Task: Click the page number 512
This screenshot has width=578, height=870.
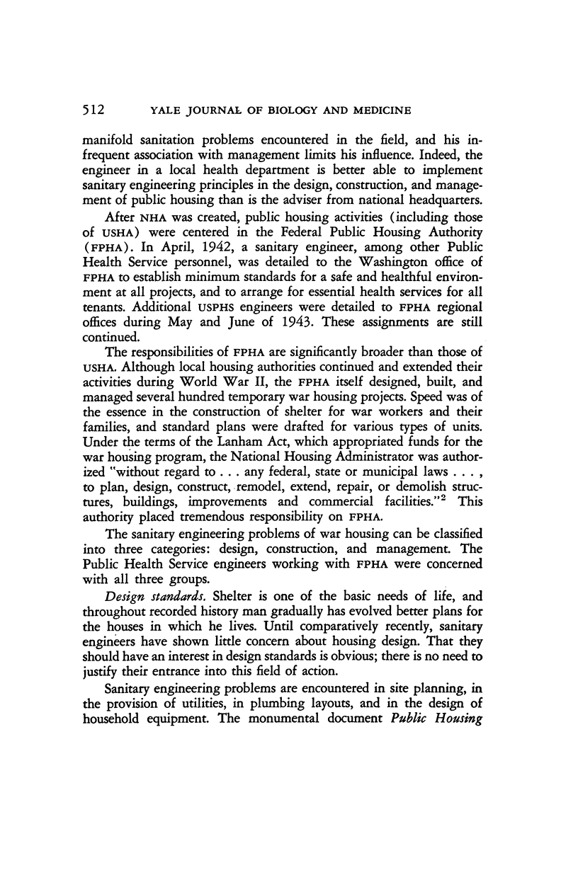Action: click(x=92, y=110)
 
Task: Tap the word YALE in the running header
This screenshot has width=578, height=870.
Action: click(x=146, y=110)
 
